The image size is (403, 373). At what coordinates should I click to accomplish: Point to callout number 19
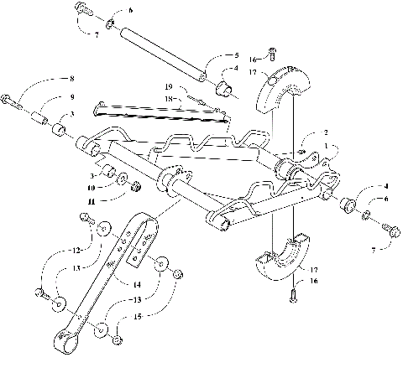[168, 87]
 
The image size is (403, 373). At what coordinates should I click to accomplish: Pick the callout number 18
[168, 98]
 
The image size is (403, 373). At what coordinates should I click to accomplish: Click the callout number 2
[325, 132]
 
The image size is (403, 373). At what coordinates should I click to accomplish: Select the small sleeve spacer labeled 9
[39, 109]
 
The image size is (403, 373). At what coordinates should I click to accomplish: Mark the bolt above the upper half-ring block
[271, 55]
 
